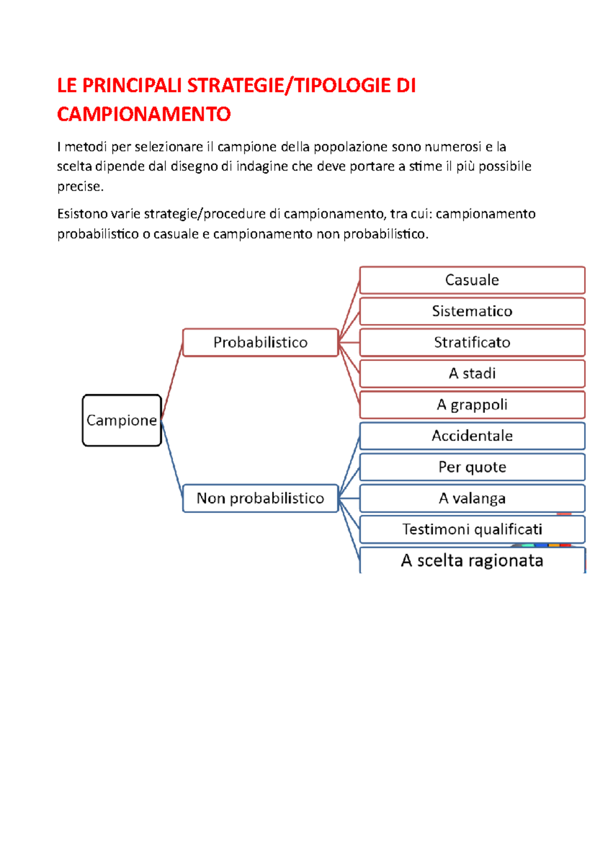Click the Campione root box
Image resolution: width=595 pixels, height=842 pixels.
122,421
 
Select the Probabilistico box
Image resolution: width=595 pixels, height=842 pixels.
260,342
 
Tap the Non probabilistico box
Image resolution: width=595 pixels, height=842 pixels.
260,498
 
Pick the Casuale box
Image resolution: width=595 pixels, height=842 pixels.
472,280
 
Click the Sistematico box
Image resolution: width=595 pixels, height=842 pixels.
472,311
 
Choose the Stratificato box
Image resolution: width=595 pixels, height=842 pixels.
472,343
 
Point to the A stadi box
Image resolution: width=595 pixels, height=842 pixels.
472,373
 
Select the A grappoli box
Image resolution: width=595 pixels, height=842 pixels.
472,405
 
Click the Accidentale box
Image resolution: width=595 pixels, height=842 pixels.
472,436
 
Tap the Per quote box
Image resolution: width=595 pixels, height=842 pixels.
472,467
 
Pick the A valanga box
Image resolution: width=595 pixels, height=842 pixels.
472,498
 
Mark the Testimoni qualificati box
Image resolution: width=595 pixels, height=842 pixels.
472,530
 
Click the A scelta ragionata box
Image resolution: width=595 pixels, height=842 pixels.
472,561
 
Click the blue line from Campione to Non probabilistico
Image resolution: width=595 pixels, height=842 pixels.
172,459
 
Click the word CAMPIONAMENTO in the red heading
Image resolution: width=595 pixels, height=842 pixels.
144,115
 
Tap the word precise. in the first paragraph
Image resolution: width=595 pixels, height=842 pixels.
80,187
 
